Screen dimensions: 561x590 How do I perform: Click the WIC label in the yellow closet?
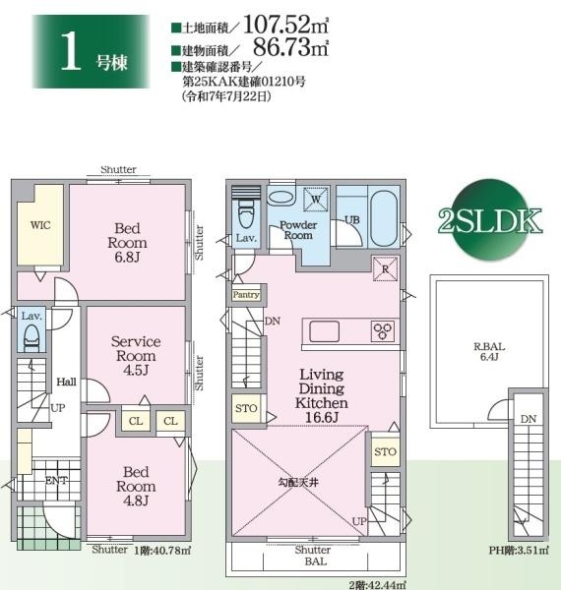coord(40,225)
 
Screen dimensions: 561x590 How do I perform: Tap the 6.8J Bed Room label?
coord(127,243)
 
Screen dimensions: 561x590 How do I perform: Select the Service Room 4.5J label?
coord(136,356)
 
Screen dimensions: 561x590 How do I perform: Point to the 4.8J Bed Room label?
coord(136,486)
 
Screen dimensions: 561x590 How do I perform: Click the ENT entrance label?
coord(56,481)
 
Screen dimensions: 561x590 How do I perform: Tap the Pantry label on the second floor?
coord(246,295)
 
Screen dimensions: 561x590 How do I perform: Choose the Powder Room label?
coord(298,230)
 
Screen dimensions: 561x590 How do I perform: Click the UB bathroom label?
coord(352,219)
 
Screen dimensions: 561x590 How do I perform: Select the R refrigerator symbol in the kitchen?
coord(385,269)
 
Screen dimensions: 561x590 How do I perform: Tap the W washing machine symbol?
coord(316,199)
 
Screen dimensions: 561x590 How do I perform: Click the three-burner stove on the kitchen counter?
coord(383,331)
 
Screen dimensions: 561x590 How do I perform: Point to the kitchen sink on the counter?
coord(324,331)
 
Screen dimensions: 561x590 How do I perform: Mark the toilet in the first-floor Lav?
coord(31,336)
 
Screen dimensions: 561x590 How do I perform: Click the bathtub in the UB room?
coord(384,218)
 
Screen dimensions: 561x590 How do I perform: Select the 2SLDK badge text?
coord(490,221)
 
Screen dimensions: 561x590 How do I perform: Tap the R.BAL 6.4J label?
coord(489,351)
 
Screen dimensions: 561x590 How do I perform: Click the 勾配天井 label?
coord(298,482)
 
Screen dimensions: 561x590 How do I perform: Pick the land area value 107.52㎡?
coord(286,25)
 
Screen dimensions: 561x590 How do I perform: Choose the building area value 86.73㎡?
coord(290,47)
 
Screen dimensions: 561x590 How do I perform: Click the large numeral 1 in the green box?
coord(71,51)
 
